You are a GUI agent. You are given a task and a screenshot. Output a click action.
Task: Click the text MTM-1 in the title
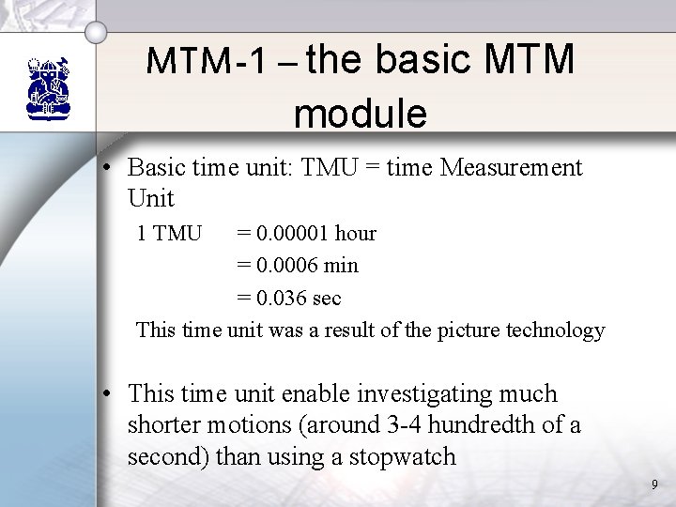pos(196,63)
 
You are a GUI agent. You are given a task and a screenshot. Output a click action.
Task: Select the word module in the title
pos(360,114)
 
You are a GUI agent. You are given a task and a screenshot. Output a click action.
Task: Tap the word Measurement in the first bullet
pos(511,168)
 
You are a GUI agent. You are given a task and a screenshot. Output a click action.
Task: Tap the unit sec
pos(325,299)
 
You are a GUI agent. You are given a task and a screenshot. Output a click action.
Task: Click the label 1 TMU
pos(169,233)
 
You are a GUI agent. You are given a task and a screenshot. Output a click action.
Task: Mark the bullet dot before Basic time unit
pos(110,169)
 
